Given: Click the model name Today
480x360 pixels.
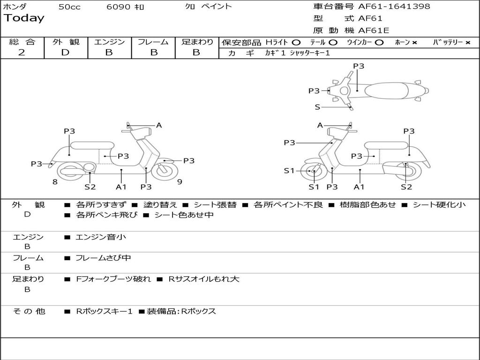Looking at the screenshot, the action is click(x=24, y=18).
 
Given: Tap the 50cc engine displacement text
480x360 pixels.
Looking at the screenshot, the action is click(x=69, y=7).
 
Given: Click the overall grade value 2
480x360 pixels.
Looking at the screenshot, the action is click(x=22, y=52).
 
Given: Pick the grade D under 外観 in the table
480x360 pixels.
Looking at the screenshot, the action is click(x=65, y=52).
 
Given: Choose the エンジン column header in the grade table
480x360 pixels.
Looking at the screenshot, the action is click(x=109, y=42).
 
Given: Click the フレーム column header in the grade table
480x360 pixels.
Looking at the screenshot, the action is click(x=153, y=42).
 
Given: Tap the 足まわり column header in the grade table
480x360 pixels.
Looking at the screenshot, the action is click(x=197, y=42).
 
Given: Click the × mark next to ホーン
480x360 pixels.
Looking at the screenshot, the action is click(x=414, y=42).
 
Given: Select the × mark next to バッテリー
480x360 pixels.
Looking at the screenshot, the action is click(x=467, y=42).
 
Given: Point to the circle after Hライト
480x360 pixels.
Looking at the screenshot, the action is click(x=296, y=42).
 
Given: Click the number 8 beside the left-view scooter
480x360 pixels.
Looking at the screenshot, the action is click(x=55, y=182).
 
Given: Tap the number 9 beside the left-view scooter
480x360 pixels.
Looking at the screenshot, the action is click(x=180, y=182).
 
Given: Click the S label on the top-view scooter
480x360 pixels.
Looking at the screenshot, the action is click(x=317, y=107).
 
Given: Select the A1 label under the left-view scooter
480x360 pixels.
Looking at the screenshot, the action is click(x=121, y=187).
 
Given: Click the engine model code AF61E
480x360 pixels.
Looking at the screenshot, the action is click(x=374, y=30).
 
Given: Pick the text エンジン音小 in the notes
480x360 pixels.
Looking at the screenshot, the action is click(x=101, y=237).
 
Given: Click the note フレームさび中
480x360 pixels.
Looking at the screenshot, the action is click(x=103, y=258).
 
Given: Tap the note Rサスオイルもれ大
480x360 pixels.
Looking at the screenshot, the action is click(x=204, y=279).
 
